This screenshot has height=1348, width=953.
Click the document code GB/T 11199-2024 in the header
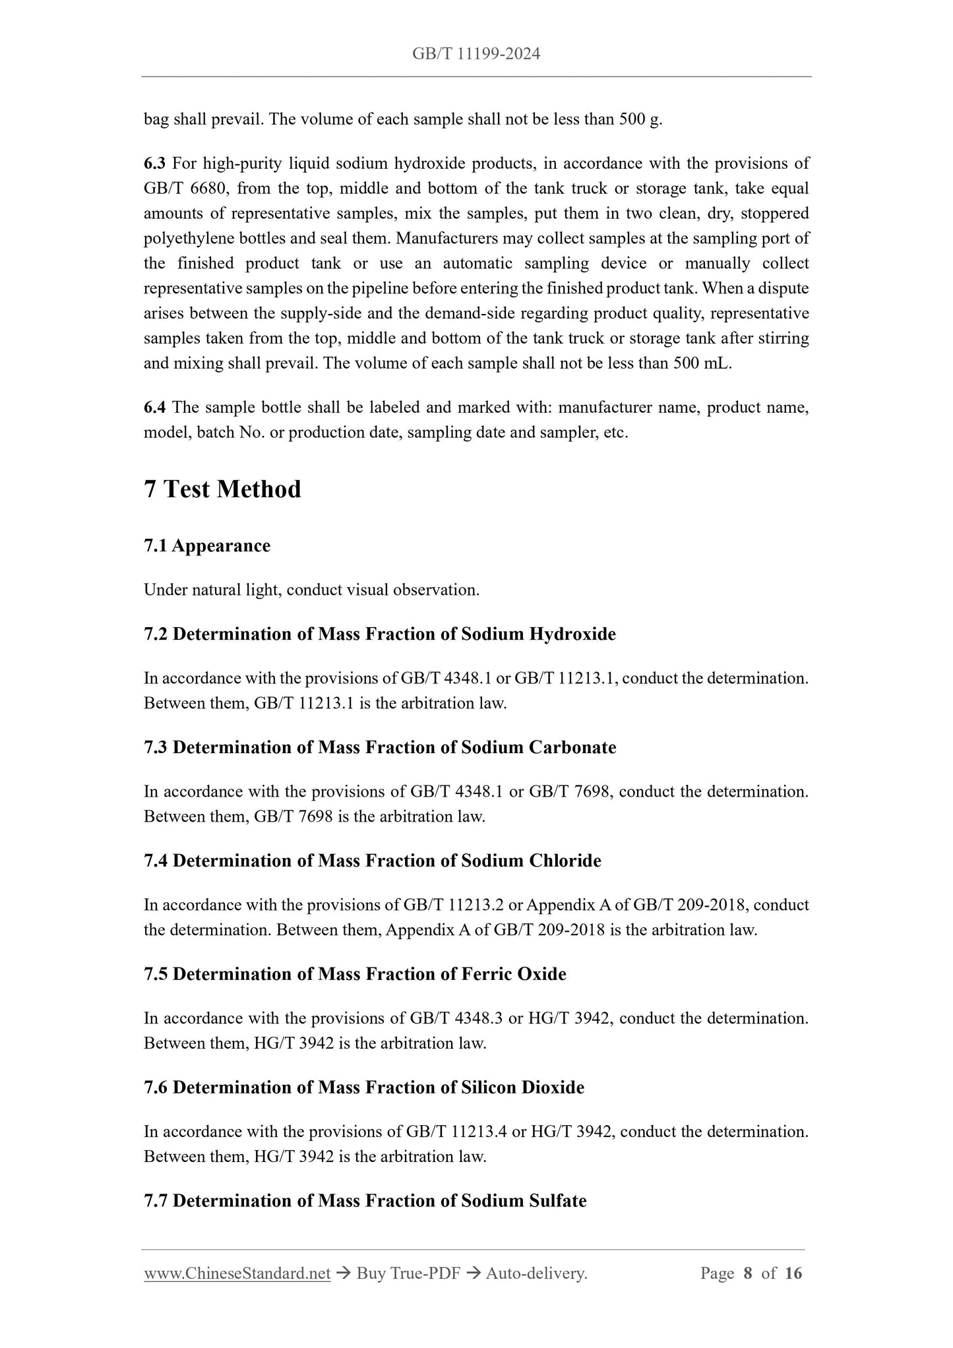point(476,54)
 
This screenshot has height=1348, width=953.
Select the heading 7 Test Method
point(222,489)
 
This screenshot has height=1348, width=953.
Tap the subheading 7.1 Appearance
point(207,546)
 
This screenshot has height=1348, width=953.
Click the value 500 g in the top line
point(639,119)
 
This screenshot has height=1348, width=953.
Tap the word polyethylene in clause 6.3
point(186,239)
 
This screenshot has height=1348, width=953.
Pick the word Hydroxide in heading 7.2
point(572,634)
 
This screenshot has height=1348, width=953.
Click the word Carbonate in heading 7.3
point(572,748)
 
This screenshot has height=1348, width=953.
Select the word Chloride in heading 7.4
point(565,861)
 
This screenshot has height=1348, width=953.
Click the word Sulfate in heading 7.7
point(557,1202)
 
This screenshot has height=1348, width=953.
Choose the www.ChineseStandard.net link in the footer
point(237,1274)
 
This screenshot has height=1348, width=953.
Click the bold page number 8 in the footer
point(747,1274)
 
